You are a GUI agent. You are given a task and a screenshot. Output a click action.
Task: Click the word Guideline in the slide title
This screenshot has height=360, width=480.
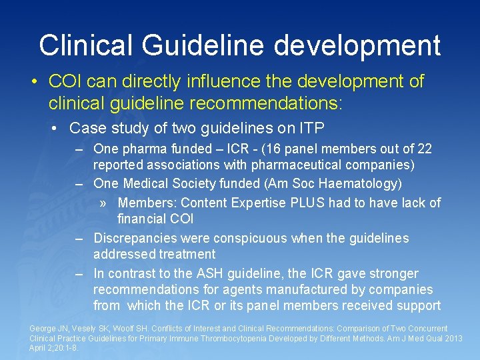coord(203,45)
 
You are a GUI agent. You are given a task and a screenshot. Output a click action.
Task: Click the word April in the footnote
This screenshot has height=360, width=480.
coord(38,347)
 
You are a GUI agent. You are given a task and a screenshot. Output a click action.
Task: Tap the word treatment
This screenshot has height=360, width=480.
coord(187,254)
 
